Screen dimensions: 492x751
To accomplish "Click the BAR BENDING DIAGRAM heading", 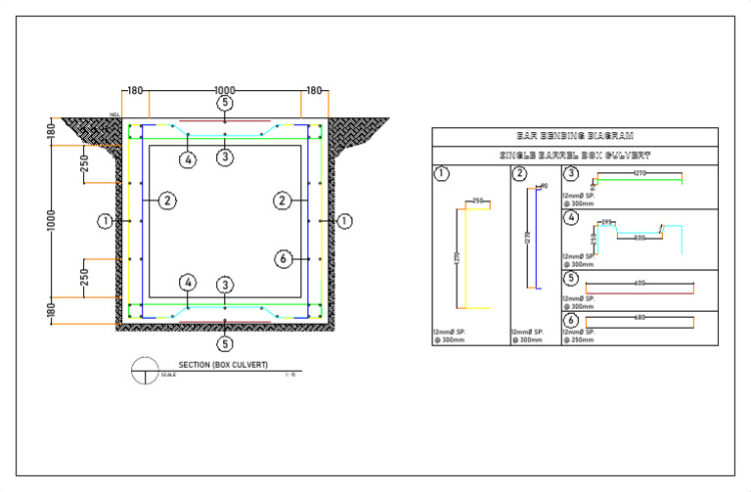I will tap(575, 137).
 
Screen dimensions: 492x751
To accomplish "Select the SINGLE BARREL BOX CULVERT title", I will tap(575, 156).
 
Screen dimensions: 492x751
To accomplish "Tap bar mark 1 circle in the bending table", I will tap(440, 175).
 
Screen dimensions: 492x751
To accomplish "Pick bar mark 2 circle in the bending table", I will tap(519, 175).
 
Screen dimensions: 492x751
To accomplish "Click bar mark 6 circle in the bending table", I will tap(571, 320).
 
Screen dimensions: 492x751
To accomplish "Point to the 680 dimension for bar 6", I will tap(640, 316).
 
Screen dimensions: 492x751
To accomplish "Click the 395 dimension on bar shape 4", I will tap(606, 223).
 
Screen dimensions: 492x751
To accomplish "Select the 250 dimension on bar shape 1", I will tap(478, 201).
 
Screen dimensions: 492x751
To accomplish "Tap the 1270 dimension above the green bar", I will tap(639, 173).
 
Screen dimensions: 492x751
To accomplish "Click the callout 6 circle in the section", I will tap(283, 259).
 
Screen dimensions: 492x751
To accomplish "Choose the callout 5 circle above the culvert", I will tap(225, 103).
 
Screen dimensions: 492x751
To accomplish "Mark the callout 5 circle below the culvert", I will tap(225, 343).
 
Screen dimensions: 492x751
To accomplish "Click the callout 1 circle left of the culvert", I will tap(105, 222).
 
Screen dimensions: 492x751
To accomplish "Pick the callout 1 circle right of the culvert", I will tap(344, 222).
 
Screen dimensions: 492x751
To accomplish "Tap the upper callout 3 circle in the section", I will tap(225, 157).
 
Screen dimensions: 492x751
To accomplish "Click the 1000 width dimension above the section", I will tap(225, 90).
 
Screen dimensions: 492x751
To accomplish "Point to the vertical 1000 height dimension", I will tap(53, 220).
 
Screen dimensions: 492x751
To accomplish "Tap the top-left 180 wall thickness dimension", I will tap(134, 90).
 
